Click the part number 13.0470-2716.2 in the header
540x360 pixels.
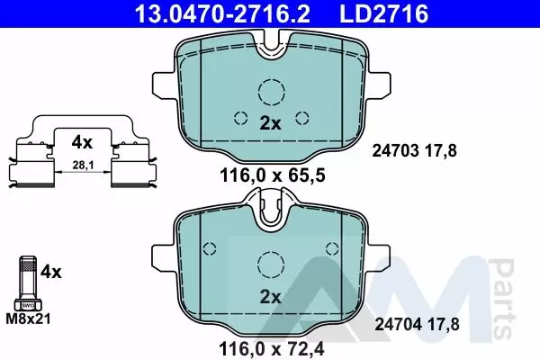pyautogui.click(x=222, y=13)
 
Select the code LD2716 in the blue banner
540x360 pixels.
pyautogui.click(x=384, y=13)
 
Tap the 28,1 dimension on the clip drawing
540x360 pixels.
pyautogui.click(x=83, y=166)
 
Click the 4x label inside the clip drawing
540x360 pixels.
pyautogui.click(x=82, y=142)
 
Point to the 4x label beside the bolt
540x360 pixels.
pyautogui.click(x=51, y=272)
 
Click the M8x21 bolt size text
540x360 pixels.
pyautogui.click(x=28, y=319)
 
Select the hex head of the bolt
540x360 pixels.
pyautogui.click(x=28, y=304)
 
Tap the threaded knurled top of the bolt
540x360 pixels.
pyautogui.click(x=28, y=265)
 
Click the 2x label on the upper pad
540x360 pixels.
pyautogui.click(x=270, y=123)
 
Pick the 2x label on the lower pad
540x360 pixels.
pyautogui.click(x=270, y=297)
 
